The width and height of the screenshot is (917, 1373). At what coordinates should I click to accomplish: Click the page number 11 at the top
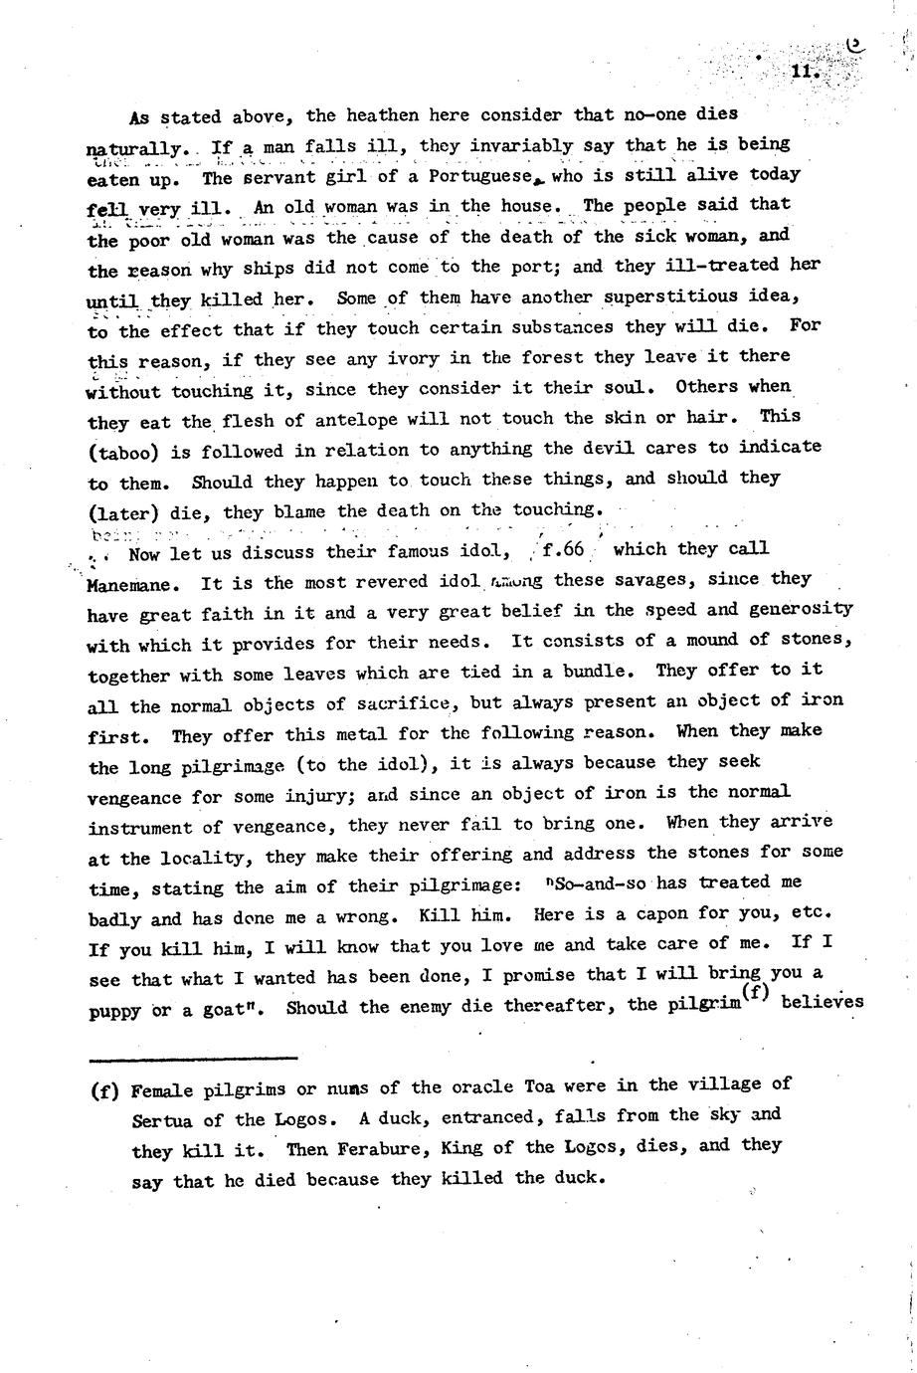[x=804, y=73]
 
